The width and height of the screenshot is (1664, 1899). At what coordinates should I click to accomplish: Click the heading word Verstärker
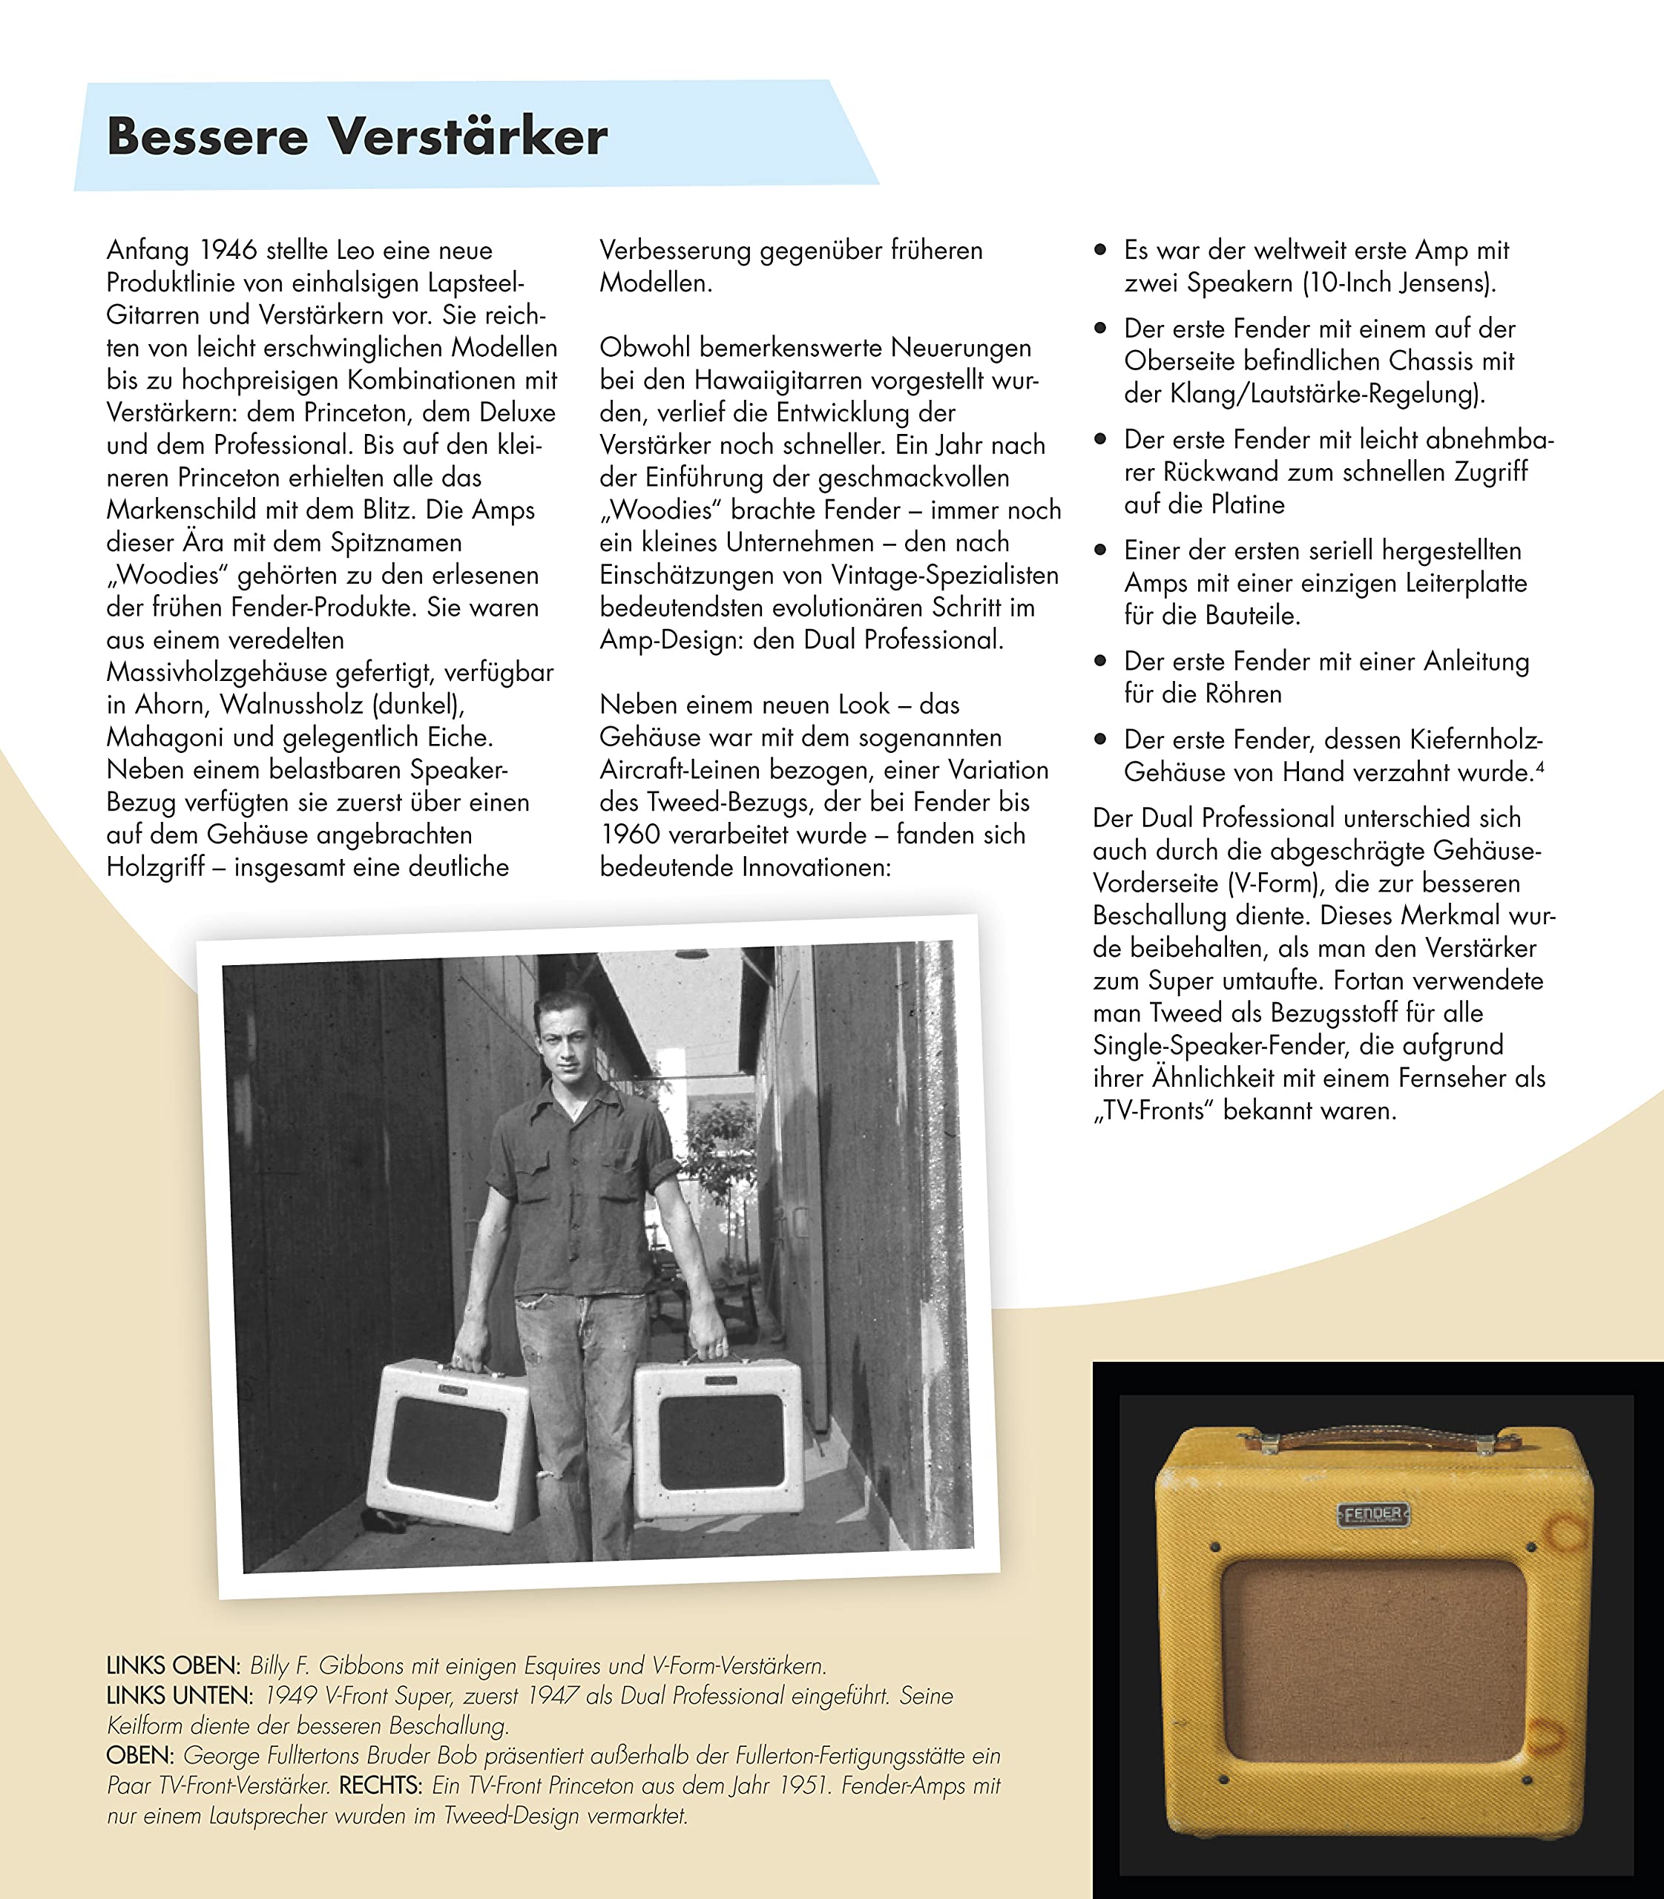[469, 136]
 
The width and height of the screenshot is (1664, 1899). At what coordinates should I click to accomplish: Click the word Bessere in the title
[207, 136]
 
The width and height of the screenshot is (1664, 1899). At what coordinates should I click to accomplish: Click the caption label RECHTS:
[381, 1786]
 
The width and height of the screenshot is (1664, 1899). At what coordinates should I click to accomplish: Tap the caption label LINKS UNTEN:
[180, 1696]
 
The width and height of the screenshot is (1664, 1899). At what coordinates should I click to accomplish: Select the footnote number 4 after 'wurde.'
[1541, 766]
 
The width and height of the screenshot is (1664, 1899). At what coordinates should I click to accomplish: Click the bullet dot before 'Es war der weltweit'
[1101, 250]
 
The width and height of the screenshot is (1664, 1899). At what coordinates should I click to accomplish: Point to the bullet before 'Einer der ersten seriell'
[1101, 550]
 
